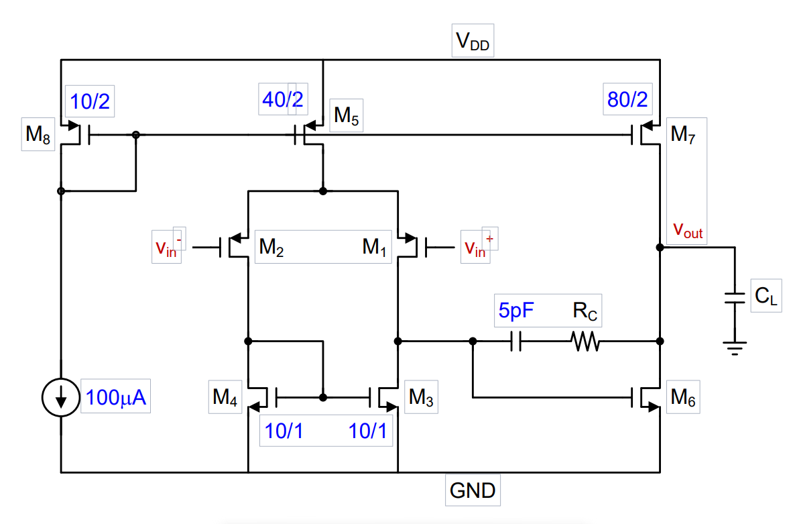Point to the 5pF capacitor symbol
[516, 342]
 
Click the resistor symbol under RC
[585, 342]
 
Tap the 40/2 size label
[282, 99]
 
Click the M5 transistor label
[347, 117]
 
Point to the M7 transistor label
[684, 136]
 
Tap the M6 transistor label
[683, 398]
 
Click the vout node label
[688, 231]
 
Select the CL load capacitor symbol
[735, 298]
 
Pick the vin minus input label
[168, 248]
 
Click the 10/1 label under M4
[284, 431]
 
